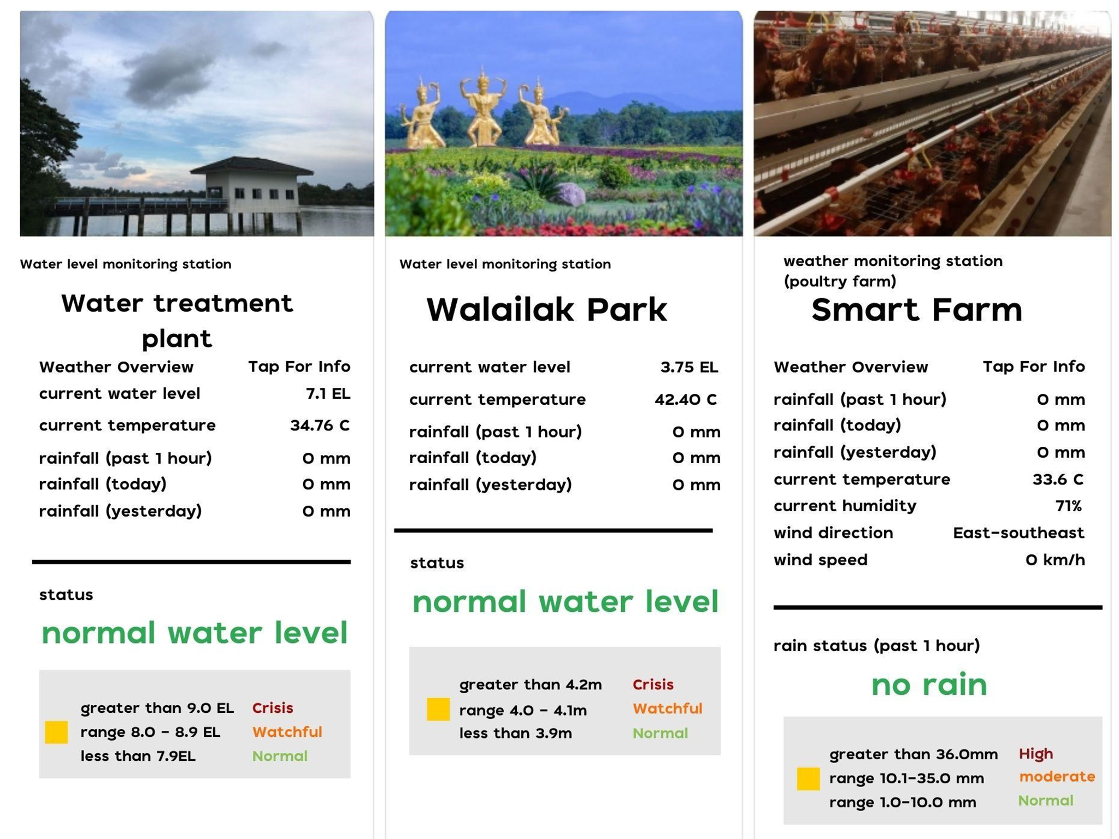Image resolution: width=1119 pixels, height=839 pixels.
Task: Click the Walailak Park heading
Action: [546, 310]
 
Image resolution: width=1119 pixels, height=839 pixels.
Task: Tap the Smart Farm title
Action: [916, 310]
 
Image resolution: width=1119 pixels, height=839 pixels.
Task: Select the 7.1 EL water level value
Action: [328, 393]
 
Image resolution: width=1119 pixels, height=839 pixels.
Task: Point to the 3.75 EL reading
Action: [689, 367]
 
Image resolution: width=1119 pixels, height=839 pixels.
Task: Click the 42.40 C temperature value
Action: [685, 399]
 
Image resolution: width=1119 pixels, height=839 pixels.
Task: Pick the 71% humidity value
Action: [1068, 506]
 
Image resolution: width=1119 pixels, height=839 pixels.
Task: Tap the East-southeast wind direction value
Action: [1018, 533]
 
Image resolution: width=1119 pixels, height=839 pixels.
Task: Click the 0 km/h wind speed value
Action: [1055, 560]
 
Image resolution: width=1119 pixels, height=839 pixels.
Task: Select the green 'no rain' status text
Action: [929, 684]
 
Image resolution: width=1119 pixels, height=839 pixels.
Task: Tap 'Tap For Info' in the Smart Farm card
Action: [1034, 366]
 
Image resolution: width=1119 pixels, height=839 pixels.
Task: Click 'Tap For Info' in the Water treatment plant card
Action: [299, 366]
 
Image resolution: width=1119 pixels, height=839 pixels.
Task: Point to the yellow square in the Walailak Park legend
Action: [438, 709]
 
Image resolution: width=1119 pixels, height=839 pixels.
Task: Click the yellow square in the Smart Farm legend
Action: [808, 779]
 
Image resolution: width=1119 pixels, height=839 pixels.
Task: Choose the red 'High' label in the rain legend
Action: [1036, 754]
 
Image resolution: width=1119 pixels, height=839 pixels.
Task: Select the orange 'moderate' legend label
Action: [1057, 777]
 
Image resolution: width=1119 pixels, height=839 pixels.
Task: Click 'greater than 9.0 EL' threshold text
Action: [157, 708]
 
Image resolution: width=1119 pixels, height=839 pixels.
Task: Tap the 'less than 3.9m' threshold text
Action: [515, 733]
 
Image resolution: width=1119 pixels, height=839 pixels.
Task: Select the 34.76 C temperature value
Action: [320, 425]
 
